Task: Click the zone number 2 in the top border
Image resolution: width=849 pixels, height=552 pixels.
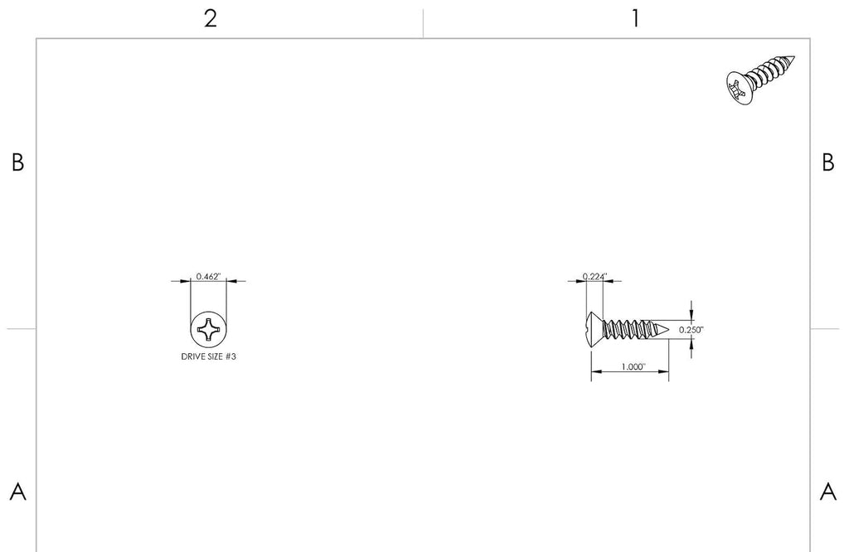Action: coord(211,19)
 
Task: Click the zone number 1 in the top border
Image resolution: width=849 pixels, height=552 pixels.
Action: coord(636,19)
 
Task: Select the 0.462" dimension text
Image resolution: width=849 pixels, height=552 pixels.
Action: coord(209,277)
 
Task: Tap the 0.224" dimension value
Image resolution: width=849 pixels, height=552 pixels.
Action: coord(595,277)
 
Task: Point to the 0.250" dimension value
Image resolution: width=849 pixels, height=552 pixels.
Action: coord(691,330)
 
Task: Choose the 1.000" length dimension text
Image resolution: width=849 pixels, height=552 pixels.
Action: coord(633,367)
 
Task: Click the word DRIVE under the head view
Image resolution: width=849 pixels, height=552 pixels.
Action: coord(192,356)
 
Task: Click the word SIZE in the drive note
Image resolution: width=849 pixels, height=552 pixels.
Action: coord(214,356)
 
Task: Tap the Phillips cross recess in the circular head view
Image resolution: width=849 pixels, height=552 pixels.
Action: coord(208,330)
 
